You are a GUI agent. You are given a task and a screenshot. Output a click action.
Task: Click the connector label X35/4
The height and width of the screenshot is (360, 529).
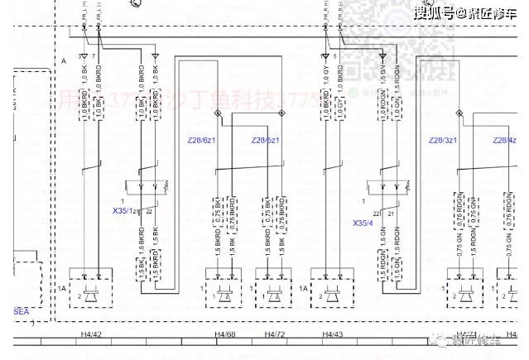[363, 223]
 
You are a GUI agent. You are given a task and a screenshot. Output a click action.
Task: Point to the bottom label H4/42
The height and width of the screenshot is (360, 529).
[92, 334]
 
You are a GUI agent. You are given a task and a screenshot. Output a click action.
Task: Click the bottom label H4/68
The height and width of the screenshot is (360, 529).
[226, 334]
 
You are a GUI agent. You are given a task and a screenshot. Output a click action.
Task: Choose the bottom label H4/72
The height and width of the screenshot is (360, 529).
[275, 334]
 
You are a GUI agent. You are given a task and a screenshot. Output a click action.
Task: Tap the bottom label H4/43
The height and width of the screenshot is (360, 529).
[334, 334]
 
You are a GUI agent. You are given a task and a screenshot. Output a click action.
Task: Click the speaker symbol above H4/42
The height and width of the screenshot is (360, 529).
[90, 294]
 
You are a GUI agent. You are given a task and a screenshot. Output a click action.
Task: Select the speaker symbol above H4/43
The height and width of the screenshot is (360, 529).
[333, 294]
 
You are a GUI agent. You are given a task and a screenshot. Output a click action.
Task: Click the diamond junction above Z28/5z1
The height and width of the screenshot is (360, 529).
[281, 112]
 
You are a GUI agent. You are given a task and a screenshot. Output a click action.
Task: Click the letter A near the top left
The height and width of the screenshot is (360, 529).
[65, 62]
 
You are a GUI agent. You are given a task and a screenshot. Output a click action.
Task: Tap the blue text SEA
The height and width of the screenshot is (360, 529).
[21, 311]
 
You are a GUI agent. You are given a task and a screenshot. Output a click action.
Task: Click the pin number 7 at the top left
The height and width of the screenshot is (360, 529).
[94, 55]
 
